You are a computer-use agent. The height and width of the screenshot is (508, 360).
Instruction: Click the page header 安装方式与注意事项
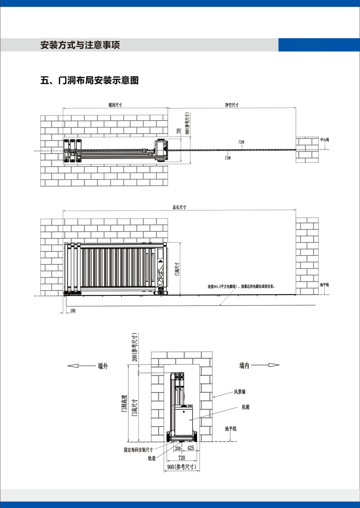click(80, 45)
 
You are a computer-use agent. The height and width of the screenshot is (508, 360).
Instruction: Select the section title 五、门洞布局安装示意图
click(89, 80)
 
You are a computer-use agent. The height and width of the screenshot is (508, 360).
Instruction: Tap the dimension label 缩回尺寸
click(115, 105)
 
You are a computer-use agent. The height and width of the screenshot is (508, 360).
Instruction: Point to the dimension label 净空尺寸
click(232, 105)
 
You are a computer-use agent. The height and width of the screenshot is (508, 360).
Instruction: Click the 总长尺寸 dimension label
click(179, 207)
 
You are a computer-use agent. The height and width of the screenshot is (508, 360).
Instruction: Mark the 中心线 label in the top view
click(324, 140)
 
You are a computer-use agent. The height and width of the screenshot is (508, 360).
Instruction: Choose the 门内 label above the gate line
click(241, 142)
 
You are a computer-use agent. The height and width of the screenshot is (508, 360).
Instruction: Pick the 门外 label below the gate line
click(228, 158)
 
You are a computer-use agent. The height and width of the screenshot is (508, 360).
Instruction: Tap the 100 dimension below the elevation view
click(73, 310)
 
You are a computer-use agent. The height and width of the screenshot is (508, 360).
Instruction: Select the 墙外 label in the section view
click(103, 366)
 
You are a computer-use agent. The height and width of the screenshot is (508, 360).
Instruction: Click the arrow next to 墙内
click(265, 365)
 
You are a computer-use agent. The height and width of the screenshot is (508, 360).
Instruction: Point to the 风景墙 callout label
click(240, 392)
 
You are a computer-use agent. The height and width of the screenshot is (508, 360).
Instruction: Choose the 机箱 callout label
click(246, 407)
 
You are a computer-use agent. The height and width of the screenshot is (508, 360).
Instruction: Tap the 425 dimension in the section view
click(191, 448)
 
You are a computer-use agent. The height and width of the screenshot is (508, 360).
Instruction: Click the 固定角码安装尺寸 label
click(138, 450)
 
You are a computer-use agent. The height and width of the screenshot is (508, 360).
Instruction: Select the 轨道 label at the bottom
click(152, 458)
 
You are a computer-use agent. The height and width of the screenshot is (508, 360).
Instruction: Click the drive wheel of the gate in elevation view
click(161, 291)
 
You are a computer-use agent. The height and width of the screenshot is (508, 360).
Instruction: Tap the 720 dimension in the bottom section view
click(182, 458)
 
